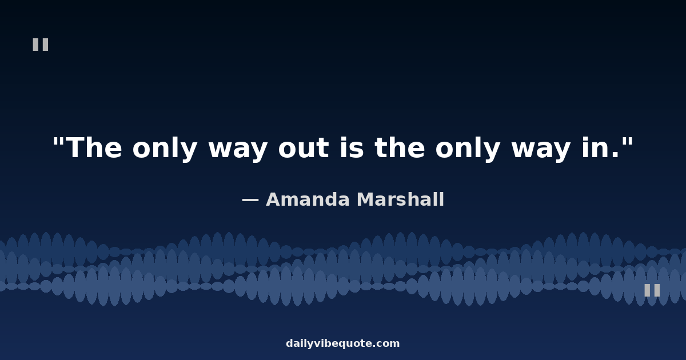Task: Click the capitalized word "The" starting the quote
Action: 94,147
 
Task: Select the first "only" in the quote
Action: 165,149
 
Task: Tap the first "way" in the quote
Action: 238,151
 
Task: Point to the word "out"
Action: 304,149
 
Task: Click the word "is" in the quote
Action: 352,147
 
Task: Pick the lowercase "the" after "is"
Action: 400,147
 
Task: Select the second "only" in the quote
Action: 468,149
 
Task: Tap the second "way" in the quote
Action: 541,151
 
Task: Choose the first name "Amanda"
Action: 308,199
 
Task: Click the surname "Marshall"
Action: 400,199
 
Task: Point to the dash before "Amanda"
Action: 250,201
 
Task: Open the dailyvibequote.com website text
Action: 342,343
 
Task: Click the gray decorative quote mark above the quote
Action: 41,45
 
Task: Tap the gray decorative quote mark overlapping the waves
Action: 652,290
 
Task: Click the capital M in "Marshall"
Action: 365,199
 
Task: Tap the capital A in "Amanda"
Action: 273,199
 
